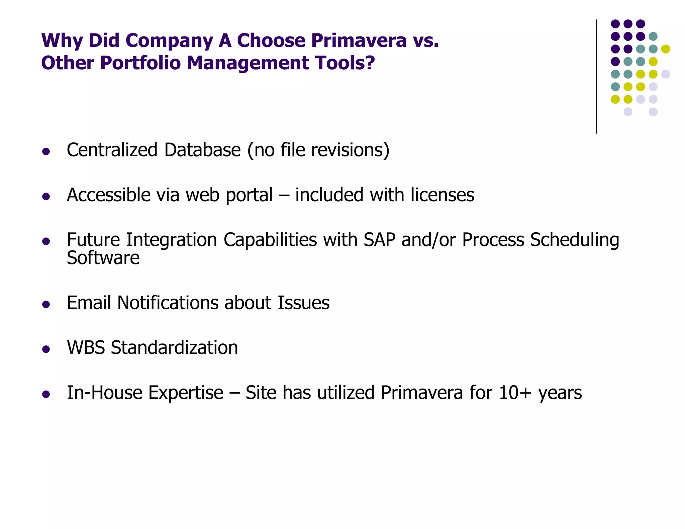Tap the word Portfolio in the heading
pos(140,63)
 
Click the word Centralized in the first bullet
pos(112,150)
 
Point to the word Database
pos(202,150)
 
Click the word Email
pos(89,303)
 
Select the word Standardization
pos(174,347)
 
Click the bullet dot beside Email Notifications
pos(46,304)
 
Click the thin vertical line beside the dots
pos(596,77)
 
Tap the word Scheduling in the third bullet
pos(575,240)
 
